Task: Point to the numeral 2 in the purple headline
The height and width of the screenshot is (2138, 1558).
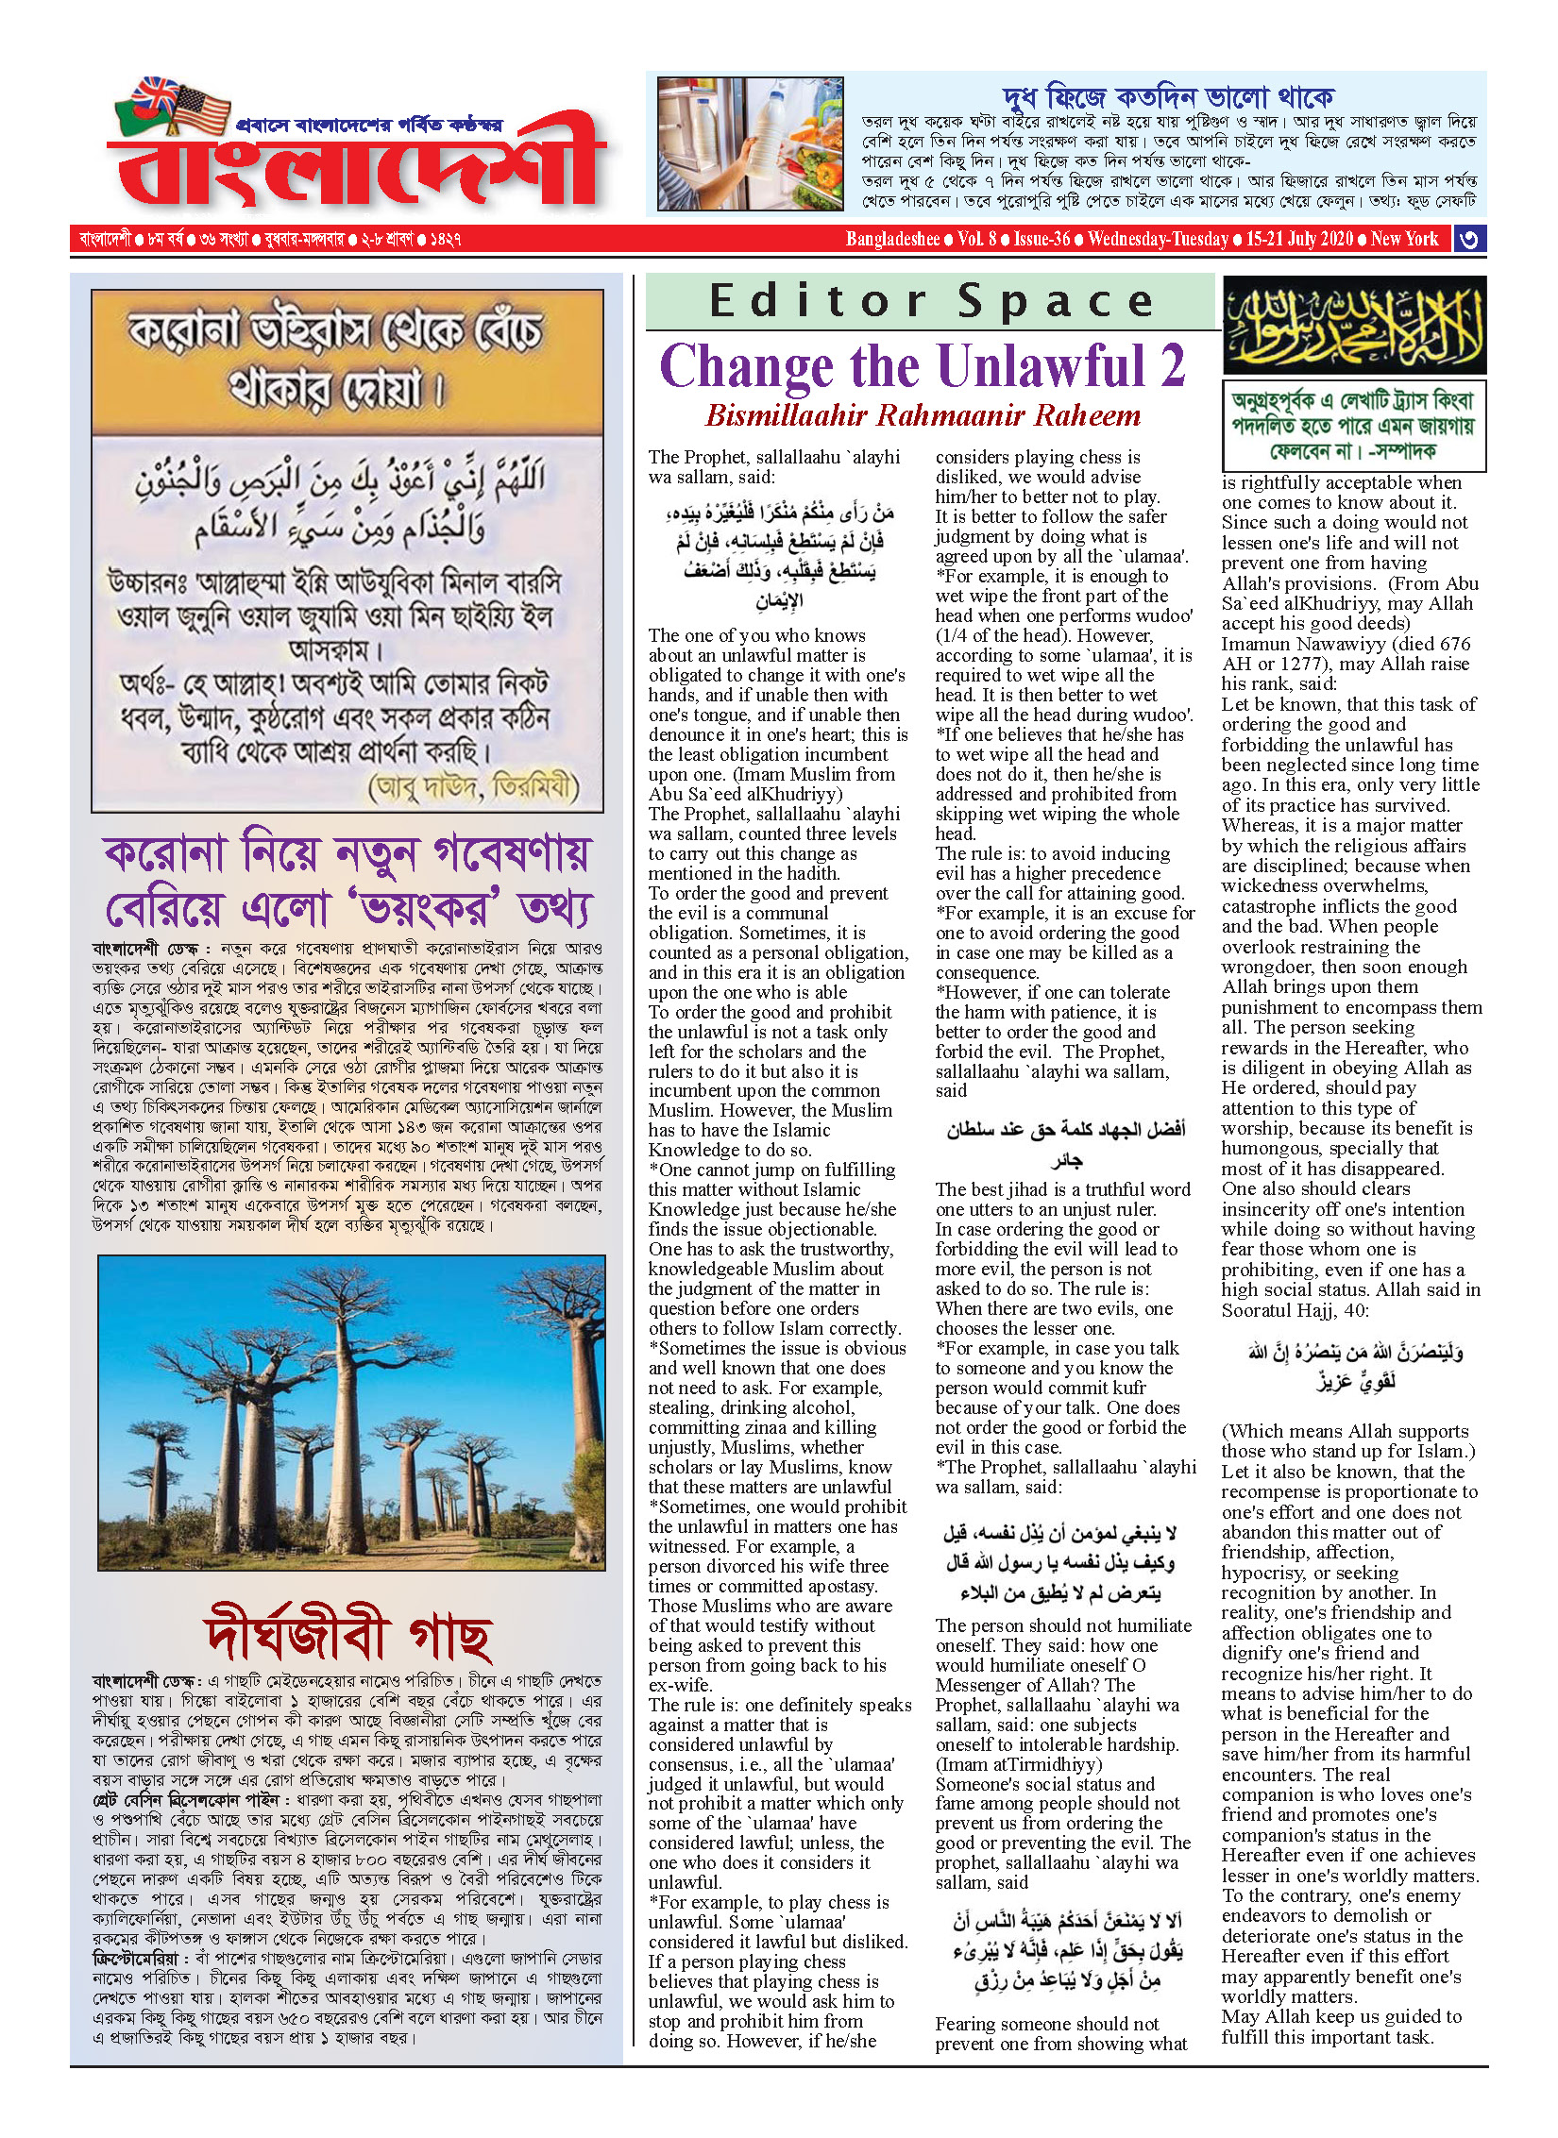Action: [x=1172, y=366]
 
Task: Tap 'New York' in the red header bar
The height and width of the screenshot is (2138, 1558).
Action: [x=1404, y=239]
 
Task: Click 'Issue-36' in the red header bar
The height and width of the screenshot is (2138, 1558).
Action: [x=1041, y=239]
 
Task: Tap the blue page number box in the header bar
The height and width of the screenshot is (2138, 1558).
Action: [x=1468, y=239]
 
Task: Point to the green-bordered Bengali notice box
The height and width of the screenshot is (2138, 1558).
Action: [x=1354, y=426]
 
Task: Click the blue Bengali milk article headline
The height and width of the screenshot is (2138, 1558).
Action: [x=1168, y=97]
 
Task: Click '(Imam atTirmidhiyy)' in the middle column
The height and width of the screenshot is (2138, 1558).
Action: [x=1018, y=1764]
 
